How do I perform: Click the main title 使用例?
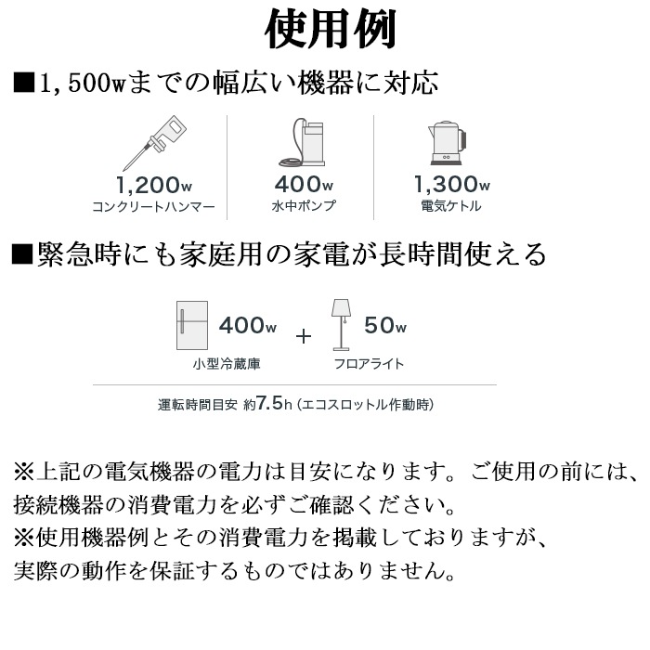click(331, 30)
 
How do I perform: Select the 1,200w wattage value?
click(154, 185)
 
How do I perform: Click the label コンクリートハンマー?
click(154, 206)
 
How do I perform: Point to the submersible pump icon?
click(302, 142)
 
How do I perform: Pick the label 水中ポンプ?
click(304, 205)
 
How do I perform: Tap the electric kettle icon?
click(447, 143)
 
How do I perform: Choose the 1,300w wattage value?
click(452, 184)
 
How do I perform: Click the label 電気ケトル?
click(451, 205)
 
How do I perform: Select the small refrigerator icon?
click(192, 325)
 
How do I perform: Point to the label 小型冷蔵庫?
click(227, 364)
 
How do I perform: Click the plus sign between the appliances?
click(304, 336)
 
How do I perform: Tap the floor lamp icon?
click(341, 325)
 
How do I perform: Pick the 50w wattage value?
click(385, 325)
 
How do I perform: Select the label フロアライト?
click(369, 364)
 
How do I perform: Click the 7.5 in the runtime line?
click(269, 402)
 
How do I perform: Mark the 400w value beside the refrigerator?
click(248, 325)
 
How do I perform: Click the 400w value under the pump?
click(304, 184)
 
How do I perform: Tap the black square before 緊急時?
click(22, 254)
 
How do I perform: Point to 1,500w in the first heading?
click(82, 83)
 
